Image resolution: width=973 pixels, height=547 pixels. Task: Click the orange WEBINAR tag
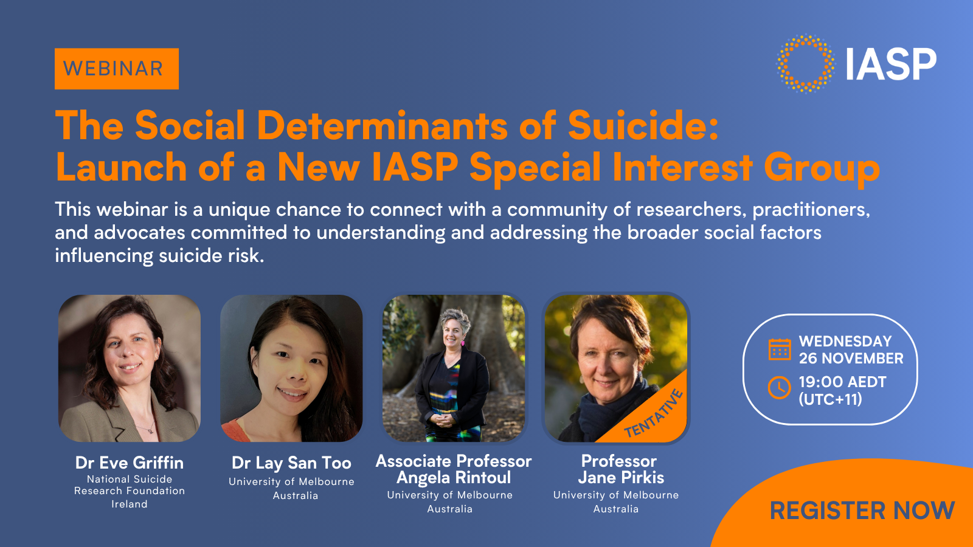116,69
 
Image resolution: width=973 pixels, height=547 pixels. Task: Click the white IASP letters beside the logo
891,64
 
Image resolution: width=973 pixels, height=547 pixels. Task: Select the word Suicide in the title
643,125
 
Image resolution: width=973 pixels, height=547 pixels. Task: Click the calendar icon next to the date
780,349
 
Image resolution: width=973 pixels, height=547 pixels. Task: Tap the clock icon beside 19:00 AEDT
780,387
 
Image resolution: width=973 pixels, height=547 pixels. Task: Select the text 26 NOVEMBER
851,359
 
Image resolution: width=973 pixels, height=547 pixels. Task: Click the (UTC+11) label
830,399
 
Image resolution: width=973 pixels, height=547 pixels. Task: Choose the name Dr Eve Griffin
130,463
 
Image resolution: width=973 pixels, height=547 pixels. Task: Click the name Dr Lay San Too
291,463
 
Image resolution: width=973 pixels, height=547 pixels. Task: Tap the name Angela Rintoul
454,478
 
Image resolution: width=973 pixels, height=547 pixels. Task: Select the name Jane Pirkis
621,478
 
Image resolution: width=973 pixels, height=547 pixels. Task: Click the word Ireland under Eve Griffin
130,504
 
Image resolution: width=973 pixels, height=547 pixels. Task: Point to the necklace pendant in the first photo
150,431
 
